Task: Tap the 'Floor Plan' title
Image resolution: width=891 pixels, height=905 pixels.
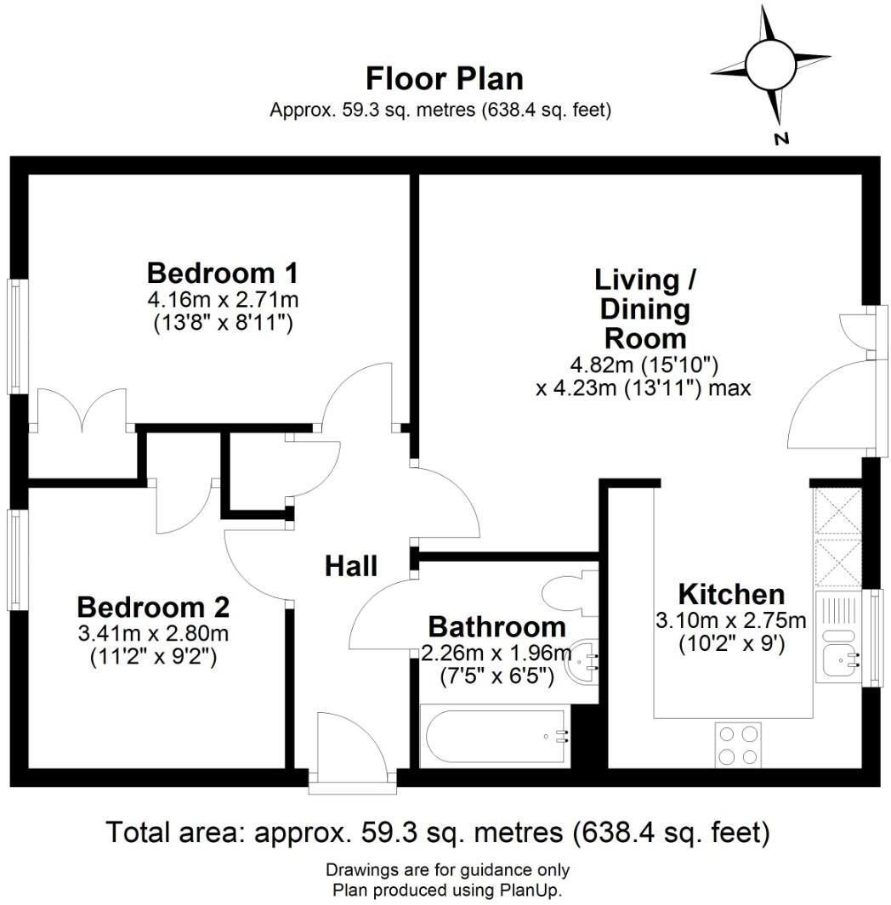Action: tap(444, 79)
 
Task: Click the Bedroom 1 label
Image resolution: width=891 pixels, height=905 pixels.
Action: tap(223, 274)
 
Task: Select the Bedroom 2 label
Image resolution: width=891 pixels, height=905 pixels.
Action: tap(153, 608)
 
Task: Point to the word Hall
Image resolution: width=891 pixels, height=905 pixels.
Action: tap(351, 566)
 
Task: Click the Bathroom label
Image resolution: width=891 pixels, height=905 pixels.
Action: tap(497, 627)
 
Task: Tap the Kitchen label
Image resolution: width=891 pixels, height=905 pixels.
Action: tap(730, 594)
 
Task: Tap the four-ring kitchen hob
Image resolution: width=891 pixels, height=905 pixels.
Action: tap(737, 744)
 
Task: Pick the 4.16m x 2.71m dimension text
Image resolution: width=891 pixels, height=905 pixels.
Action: tap(223, 300)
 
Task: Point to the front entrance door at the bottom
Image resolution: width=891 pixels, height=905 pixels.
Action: tap(351, 748)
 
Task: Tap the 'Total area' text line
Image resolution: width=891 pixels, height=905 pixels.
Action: tap(437, 832)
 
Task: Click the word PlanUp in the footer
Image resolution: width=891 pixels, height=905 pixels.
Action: tap(535, 891)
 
